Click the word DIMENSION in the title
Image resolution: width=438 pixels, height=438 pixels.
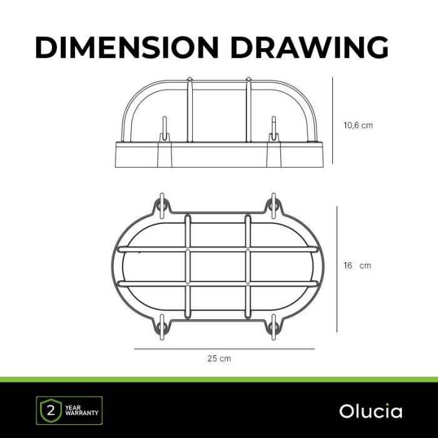tap(126, 47)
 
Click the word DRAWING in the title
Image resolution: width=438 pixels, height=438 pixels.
tap(310, 47)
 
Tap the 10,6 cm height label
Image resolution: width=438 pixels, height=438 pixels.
tap(358, 125)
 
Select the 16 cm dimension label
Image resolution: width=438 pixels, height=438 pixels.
tap(357, 265)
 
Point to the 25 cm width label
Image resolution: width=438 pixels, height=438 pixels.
tap(219, 359)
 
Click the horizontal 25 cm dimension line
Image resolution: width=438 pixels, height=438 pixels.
tap(224, 349)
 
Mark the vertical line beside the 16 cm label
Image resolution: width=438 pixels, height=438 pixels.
tap(337, 270)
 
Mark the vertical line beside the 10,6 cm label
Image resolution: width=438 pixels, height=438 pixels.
tap(332, 120)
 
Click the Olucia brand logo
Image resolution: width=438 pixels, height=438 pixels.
tap(370, 411)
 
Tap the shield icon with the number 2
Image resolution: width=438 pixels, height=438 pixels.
tap(51, 411)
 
